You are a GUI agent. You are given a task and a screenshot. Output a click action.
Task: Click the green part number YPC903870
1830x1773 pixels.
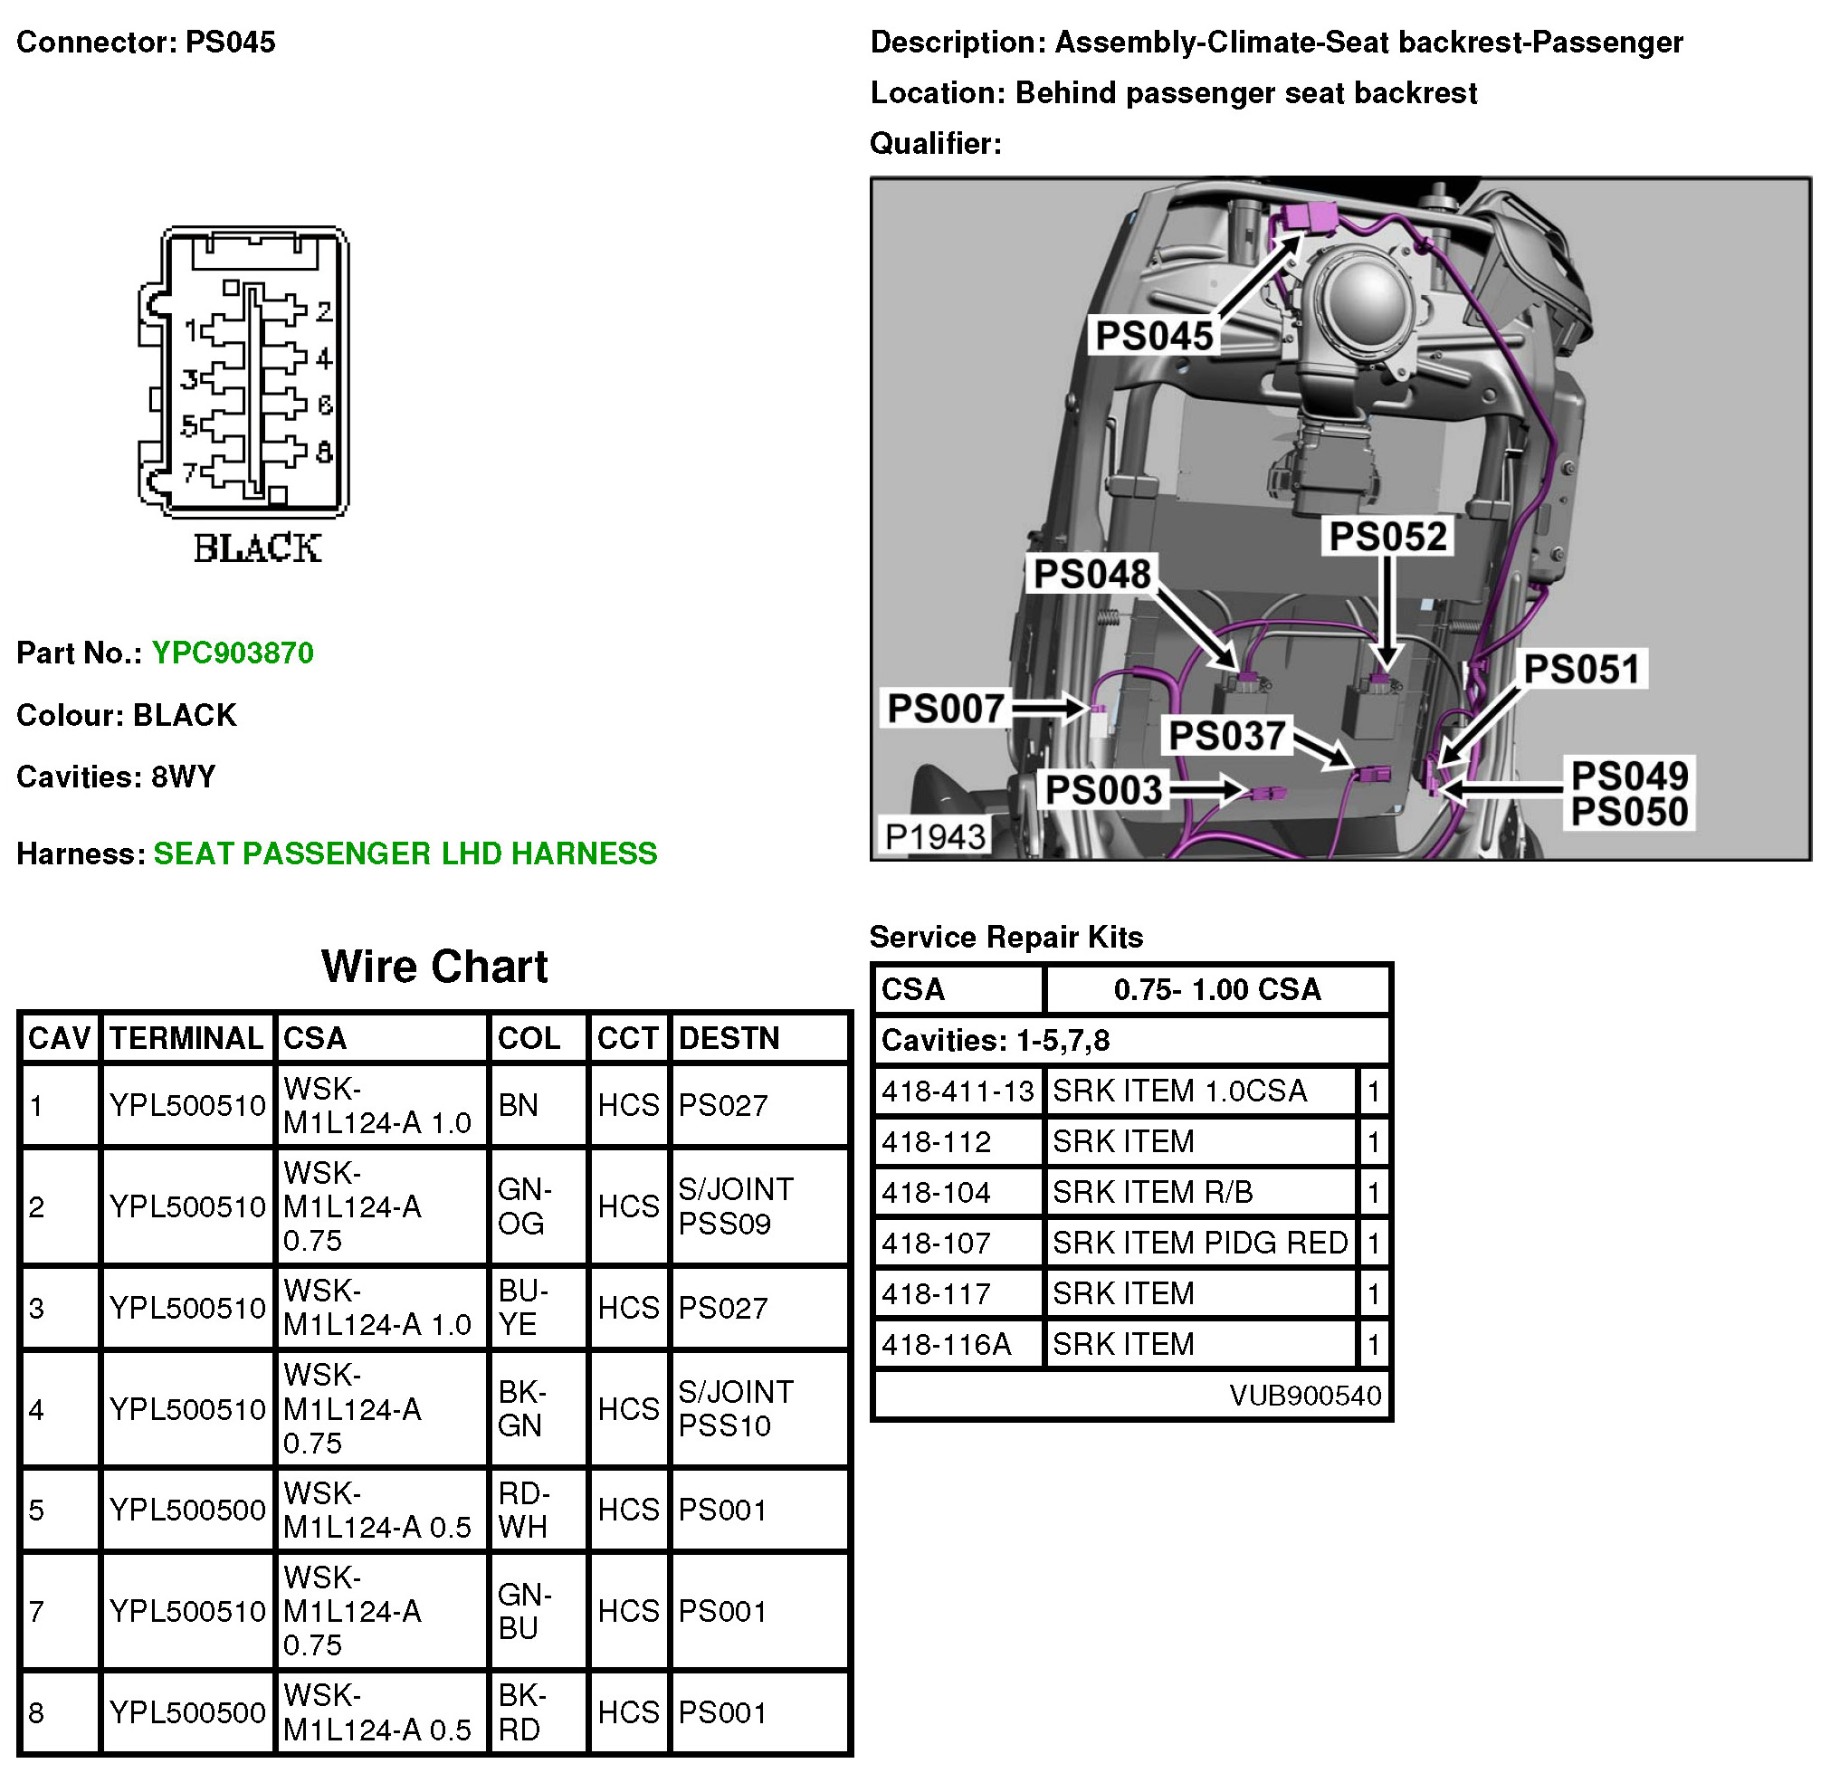pos(233,653)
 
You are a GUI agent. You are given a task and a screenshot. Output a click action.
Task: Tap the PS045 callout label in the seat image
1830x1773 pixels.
pos(1154,336)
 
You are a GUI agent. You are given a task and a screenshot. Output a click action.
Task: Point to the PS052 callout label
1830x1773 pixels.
pos(1387,537)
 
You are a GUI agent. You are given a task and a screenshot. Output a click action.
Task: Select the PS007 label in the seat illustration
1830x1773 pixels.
pos(945,709)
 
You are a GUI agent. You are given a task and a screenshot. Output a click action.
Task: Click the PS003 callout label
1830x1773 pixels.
pos(1103,790)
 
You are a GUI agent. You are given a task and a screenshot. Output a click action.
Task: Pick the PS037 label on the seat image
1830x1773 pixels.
pos(1227,736)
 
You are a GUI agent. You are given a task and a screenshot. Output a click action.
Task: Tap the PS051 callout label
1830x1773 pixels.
pos(1582,670)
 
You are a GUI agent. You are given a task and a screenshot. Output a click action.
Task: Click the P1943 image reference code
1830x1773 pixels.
pos(935,836)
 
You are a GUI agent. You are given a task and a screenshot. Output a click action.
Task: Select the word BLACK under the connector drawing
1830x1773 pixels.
pos(257,549)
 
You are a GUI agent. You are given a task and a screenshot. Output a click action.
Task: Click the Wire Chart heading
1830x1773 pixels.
pos(434,967)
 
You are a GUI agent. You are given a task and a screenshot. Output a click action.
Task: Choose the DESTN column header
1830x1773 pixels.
pos(729,1038)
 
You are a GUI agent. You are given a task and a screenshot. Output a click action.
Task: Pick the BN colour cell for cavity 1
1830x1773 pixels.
pos(519,1105)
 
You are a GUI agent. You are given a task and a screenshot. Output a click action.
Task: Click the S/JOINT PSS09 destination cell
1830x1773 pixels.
pos(736,1206)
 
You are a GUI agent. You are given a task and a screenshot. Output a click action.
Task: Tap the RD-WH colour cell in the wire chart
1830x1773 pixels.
pos(524,1511)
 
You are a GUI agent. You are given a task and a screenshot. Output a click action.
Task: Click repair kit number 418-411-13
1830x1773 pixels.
pos(958,1091)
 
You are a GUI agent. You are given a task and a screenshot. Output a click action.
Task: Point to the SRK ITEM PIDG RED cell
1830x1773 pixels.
pos(1200,1243)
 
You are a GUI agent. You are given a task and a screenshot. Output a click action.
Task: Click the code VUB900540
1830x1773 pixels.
pos(1304,1396)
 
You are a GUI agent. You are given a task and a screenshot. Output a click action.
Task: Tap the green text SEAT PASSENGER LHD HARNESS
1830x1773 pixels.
pos(405,853)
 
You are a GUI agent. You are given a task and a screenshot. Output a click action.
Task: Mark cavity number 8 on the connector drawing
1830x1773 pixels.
pos(324,453)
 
